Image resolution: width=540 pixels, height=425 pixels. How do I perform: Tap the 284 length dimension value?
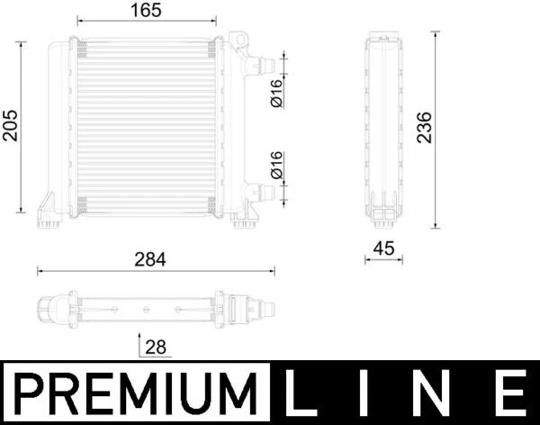tap(150, 258)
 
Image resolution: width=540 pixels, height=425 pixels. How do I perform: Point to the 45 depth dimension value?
tap(382, 248)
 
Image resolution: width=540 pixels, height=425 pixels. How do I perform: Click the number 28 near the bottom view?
tap(156, 347)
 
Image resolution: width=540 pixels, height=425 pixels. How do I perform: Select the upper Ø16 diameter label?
tap(276, 93)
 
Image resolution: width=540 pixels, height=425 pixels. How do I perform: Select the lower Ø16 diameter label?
tap(276, 165)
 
